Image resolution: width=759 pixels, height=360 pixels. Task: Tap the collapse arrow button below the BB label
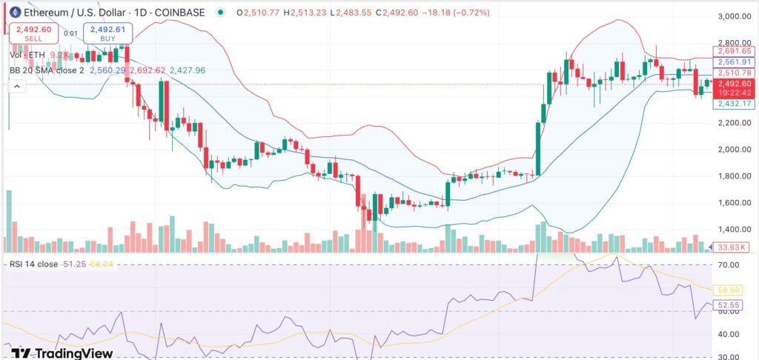point(15,86)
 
